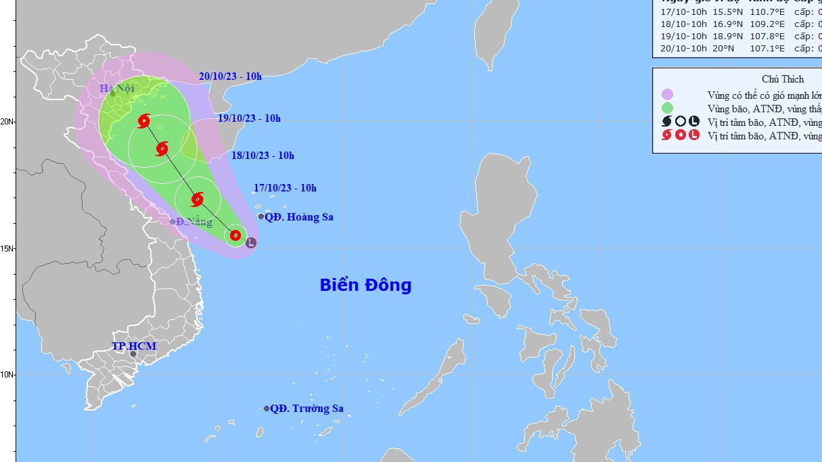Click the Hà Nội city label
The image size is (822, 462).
click(x=117, y=89)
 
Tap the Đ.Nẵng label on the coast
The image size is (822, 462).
click(x=195, y=222)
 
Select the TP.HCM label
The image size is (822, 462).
click(x=134, y=346)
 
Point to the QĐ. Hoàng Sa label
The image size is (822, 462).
click(x=299, y=217)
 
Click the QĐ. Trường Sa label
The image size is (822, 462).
click(x=306, y=409)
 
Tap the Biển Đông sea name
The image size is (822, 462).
click(x=365, y=285)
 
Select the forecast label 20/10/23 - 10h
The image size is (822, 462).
click(x=231, y=76)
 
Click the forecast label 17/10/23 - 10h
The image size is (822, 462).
click(x=286, y=188)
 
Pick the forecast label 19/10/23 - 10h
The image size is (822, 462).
click(x=250, y=118)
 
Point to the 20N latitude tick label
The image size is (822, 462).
click(x=7, y=122)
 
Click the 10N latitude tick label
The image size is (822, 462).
click(x=7, y=374)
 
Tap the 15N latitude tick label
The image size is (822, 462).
click(x=7, y=248)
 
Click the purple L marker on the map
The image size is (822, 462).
click(x=251, y=242)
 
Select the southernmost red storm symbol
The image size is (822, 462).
click(x=235, y=235)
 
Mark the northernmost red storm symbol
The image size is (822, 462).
click(x=143, y=122)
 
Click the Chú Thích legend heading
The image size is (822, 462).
click(x=783, y=79)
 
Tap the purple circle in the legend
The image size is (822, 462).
click(x=668, y=94)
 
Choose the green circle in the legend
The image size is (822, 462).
click(x=668, y=108)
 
